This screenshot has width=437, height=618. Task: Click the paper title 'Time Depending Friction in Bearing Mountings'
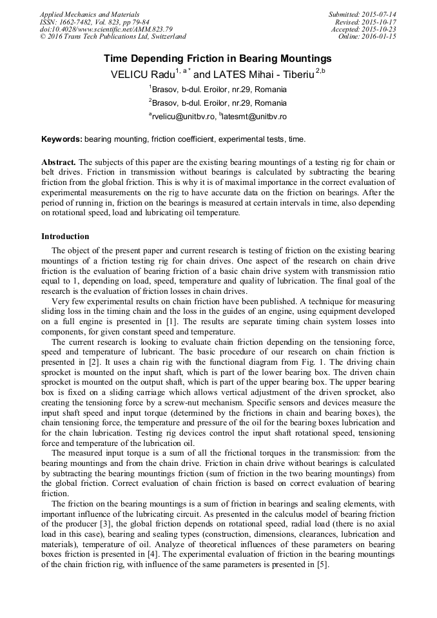click(x=218, y=58)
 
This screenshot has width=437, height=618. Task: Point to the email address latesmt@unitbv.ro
click(x=255, y=117)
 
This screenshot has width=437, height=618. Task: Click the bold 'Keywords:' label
click(x=62, y=139)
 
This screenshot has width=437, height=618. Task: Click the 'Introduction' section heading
click(x=65, y=237)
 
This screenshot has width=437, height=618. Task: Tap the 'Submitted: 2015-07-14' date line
click(x=362, y=14)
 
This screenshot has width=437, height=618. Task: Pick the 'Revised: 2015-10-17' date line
click(x=365, y=22)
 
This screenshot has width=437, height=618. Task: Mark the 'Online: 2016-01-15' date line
click(x=367, y=37)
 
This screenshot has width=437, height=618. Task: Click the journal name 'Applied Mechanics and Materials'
click(x=90, y=14)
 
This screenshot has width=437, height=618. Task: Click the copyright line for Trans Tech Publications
click(x=113, y=37)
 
